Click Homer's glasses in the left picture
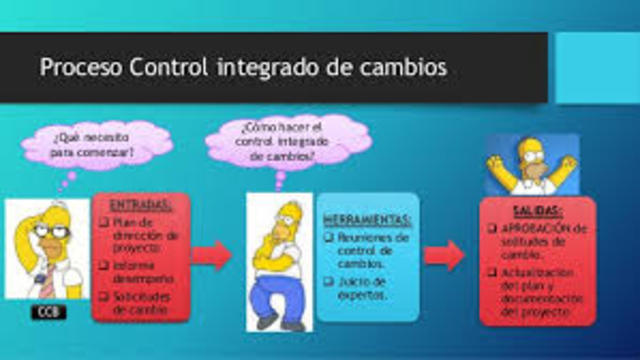(x=45, y=227)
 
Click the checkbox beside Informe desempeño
(x=105, y=266)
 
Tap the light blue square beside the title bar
(x=596, y=66)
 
